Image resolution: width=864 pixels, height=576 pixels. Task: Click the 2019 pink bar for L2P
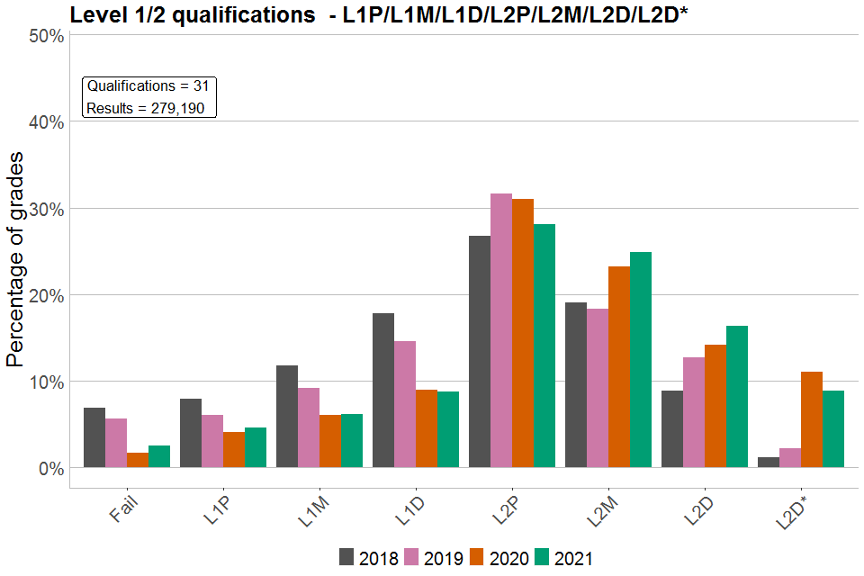point(501,330)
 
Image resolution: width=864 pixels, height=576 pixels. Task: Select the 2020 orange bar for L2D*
point(812,419)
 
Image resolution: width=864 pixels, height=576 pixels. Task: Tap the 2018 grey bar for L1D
point(383,391)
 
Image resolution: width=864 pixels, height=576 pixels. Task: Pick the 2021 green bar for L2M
point(641,360)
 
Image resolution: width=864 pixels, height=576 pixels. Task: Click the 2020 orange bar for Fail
point(138,460)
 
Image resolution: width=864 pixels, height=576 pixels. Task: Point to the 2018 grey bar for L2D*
point(769,463)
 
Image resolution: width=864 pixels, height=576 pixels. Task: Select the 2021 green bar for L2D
point(737,397)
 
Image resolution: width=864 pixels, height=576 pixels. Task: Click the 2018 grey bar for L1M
point(287,417)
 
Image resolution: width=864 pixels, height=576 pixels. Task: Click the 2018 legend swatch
point(346,557)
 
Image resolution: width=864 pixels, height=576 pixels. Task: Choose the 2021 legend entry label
point(573,558)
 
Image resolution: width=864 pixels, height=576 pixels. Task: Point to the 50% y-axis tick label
point(45,36)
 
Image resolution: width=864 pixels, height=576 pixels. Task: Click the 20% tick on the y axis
point(45,296)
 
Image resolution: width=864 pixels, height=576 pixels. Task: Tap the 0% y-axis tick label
point(49,469)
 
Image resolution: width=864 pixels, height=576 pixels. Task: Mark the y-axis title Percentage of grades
point(15,260)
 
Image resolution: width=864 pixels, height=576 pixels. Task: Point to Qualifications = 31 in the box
point(148,86)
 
